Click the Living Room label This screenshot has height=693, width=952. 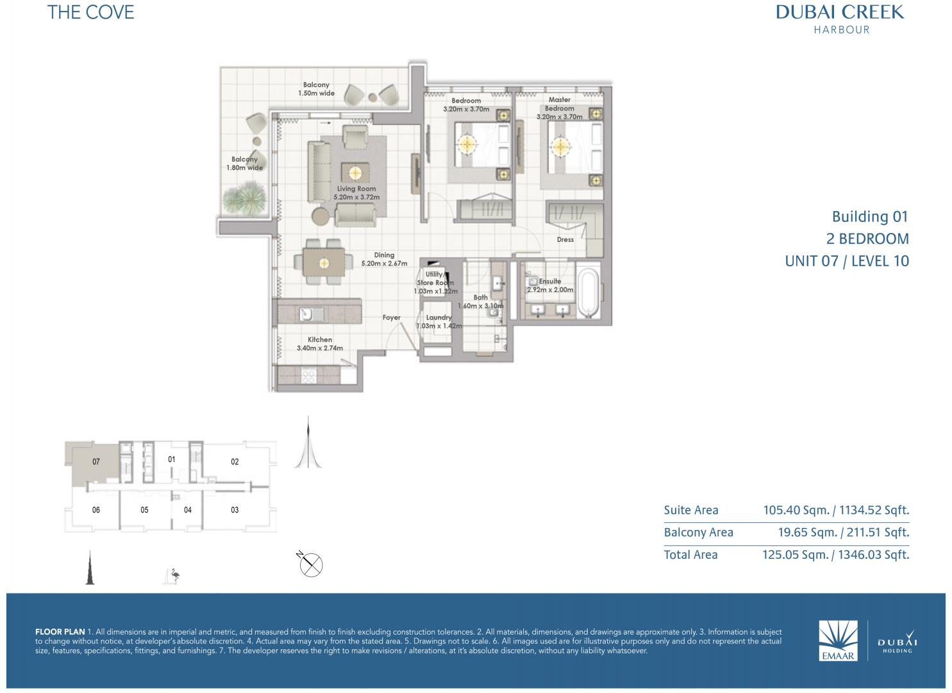pyautogui.click(x=356, y=189)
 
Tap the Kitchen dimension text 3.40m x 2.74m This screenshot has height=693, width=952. pyautogui.click(x=320, y=348)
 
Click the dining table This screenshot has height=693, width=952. pyautogui.click(x=324, y=263)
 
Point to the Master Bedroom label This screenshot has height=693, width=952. pyautogui.click(x=559, y=104)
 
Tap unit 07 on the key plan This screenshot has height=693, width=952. pyautogui.click(x=96, y=461)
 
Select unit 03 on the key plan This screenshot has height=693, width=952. pyautogui.click(x=235, y=509)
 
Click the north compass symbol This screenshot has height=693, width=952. pyautogui.click(x=310, y=564)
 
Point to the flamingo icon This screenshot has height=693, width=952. pyautogui.click(x=173, y=576)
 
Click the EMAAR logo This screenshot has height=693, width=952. pyautogui.click(x=838, y=640)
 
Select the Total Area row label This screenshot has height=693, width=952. pyautogui.click(x=690, y=555)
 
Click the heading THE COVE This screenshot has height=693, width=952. pyautogui.click(x=90, y=12)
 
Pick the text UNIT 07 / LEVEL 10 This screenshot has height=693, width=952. pyautogui.click(x=847, y=261)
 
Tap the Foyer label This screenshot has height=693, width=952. pyautogui.click(x=392, y=318)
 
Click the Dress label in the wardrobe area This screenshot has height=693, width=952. pyautogui.click(x=565, y=239)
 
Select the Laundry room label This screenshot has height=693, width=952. pyautogui.click(x=438, y=318)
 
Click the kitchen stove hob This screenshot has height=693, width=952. pyautogui.click(x=308, y=375)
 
